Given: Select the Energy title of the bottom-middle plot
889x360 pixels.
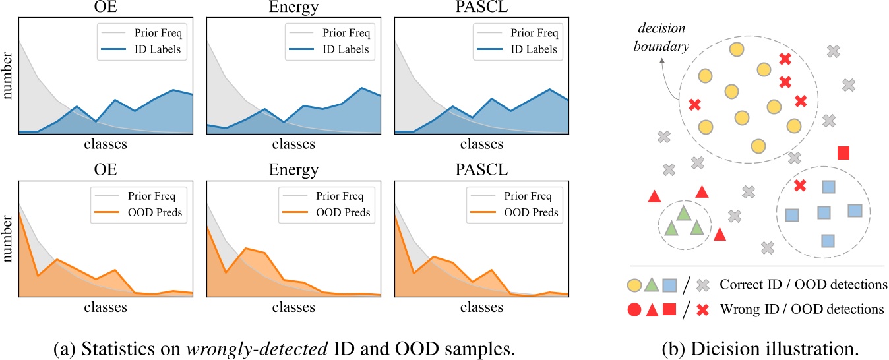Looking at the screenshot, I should (x=293, y=170).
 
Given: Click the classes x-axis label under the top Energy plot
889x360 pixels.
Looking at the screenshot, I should (x=293, y=144).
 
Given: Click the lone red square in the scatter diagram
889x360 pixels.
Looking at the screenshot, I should (x=843, y=153).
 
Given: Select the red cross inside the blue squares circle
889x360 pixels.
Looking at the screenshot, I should (x=800, y=185).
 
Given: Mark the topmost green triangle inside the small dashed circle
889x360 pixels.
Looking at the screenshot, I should (x=683, y=212).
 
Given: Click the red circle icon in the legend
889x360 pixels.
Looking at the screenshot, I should (x=634, y=309).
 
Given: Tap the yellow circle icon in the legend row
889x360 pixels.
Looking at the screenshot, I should (x=634, y=285).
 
